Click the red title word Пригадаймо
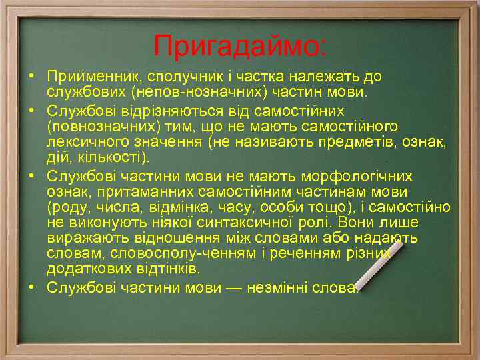coord(239,46)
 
